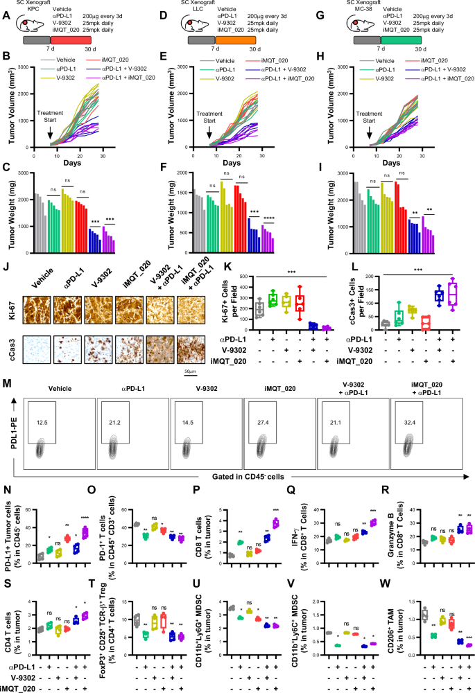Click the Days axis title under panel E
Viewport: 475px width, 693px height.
(232, 162)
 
